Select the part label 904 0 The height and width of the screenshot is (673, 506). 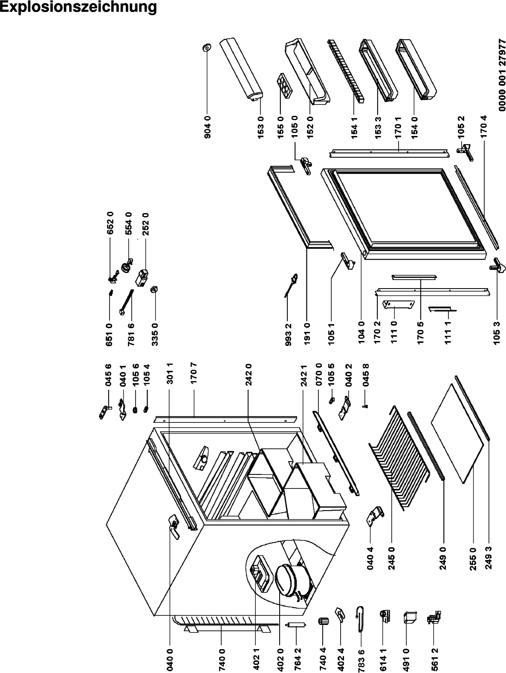coord(208,127)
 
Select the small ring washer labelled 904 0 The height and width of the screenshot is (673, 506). coord(207,48)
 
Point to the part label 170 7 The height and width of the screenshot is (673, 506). coord(194,373)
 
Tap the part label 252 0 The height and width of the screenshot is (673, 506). coord(146,224)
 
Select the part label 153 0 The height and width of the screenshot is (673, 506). coord(260,127)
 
